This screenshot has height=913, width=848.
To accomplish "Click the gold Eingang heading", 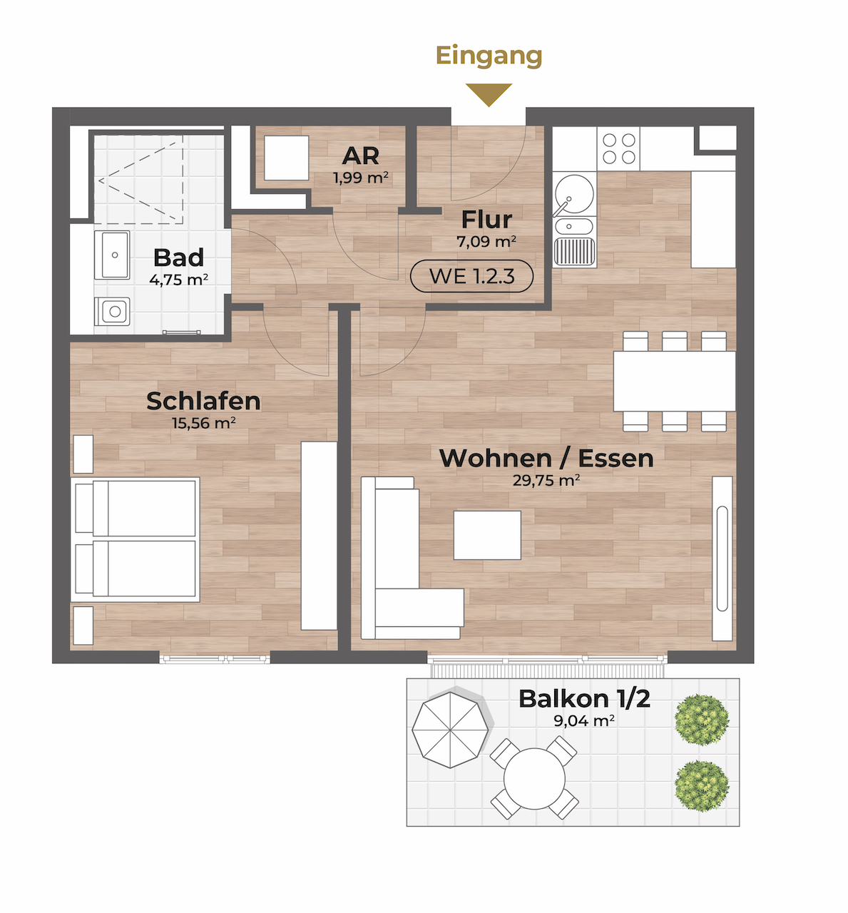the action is (x=489, y=56).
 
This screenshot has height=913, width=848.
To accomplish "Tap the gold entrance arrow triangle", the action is (x=489, y=93).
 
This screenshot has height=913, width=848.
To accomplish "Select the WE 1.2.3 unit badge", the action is (x=471, y=276).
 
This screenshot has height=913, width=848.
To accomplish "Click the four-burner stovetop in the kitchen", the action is (x=618, y=148).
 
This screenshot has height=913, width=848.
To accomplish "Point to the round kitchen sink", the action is (x=574, y=193).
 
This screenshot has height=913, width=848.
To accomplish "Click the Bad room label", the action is (x=178, y=257).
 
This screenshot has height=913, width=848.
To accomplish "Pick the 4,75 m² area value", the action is (x=178, y=280).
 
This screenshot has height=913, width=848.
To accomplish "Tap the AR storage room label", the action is (x=361, y=156).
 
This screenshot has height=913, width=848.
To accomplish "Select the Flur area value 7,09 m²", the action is (x=486, y=241).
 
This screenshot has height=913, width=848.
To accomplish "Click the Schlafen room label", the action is (x=203, y=401).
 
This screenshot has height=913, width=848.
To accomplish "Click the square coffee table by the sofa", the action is (x=487, y=535).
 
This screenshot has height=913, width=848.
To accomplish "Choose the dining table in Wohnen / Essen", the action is (x=674, y=381).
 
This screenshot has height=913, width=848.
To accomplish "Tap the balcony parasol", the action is (x=450, y=730).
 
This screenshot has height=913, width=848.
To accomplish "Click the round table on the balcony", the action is (x=534, y=779).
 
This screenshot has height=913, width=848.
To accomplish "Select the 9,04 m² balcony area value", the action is (x=584, y=720).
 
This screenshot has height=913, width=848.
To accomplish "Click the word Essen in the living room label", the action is (x=615, y=459).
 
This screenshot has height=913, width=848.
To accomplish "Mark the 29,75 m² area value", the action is (x=546, y=481).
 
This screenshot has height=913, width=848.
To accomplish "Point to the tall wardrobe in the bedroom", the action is (x=319, y=536).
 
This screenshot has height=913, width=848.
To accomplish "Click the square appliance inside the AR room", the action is (x=286, y=158).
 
